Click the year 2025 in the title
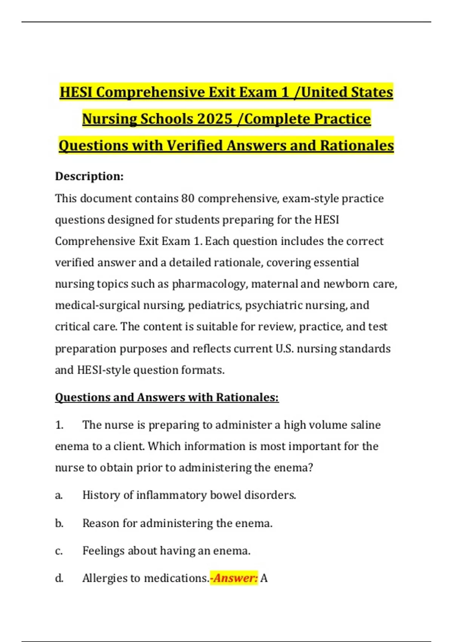[x=214, y=119]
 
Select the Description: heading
[x=89, y=176]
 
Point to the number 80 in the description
[x=188, y=198]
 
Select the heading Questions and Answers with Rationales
[x=167, y=397]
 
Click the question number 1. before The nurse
[x=59, y=425]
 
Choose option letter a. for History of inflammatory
[x=59, y=495]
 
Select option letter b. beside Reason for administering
[x=59, y=523]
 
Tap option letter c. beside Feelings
[x=59, y=551]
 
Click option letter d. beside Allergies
[x=59, y=578]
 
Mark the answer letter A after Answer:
[x=264, y=578]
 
